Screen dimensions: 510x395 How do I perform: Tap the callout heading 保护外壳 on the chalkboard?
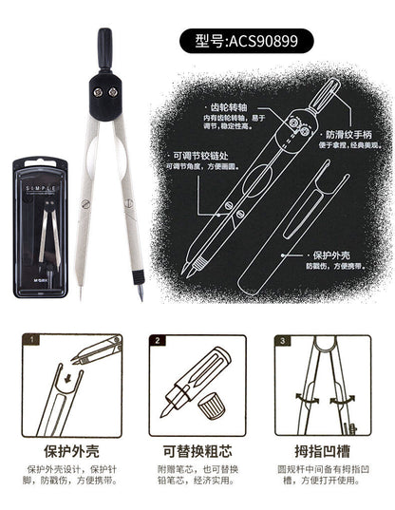323,254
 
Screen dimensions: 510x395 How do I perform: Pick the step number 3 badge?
282,339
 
